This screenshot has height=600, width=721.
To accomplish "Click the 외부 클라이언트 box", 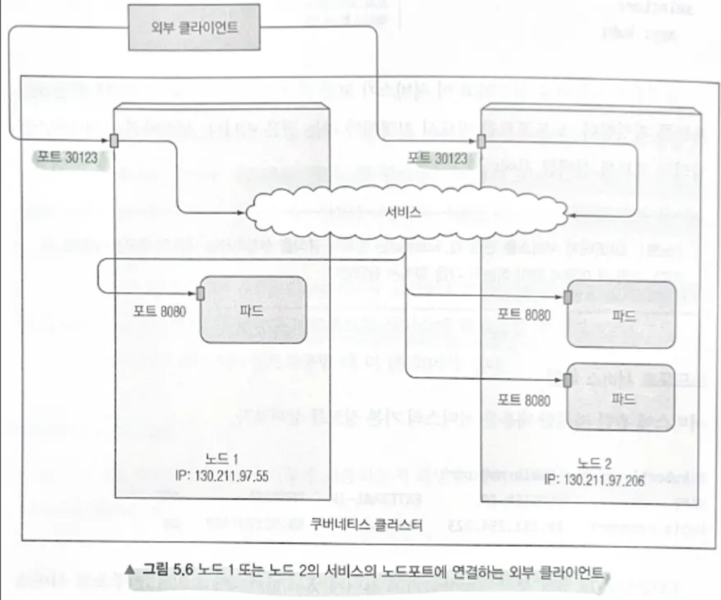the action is click(x=194, y=28).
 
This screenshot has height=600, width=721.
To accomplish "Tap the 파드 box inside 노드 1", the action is click(x=253, y=310).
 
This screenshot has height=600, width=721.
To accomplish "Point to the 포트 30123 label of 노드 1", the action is click(x=67, y=157).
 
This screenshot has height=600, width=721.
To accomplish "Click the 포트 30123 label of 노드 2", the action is click(x=437, y=158).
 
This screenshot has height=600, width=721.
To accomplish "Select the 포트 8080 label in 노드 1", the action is click(x=160, y=311).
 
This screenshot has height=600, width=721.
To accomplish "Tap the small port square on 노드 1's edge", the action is click(x=114, y=141).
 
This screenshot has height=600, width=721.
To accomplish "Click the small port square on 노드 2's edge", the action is click(x=481, y=141).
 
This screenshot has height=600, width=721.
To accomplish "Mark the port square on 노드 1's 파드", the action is click(x=201, y=293).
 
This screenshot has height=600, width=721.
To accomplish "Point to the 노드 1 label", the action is click(x=221, y=459).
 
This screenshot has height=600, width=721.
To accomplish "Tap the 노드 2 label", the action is click(x=594, y=463).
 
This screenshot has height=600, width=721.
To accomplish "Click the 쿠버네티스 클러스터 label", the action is click(x=366, y=524).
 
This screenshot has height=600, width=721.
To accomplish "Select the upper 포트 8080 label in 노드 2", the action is click(x=524, y=315).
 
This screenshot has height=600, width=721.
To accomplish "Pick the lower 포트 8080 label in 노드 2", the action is click(x=524, y=400).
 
